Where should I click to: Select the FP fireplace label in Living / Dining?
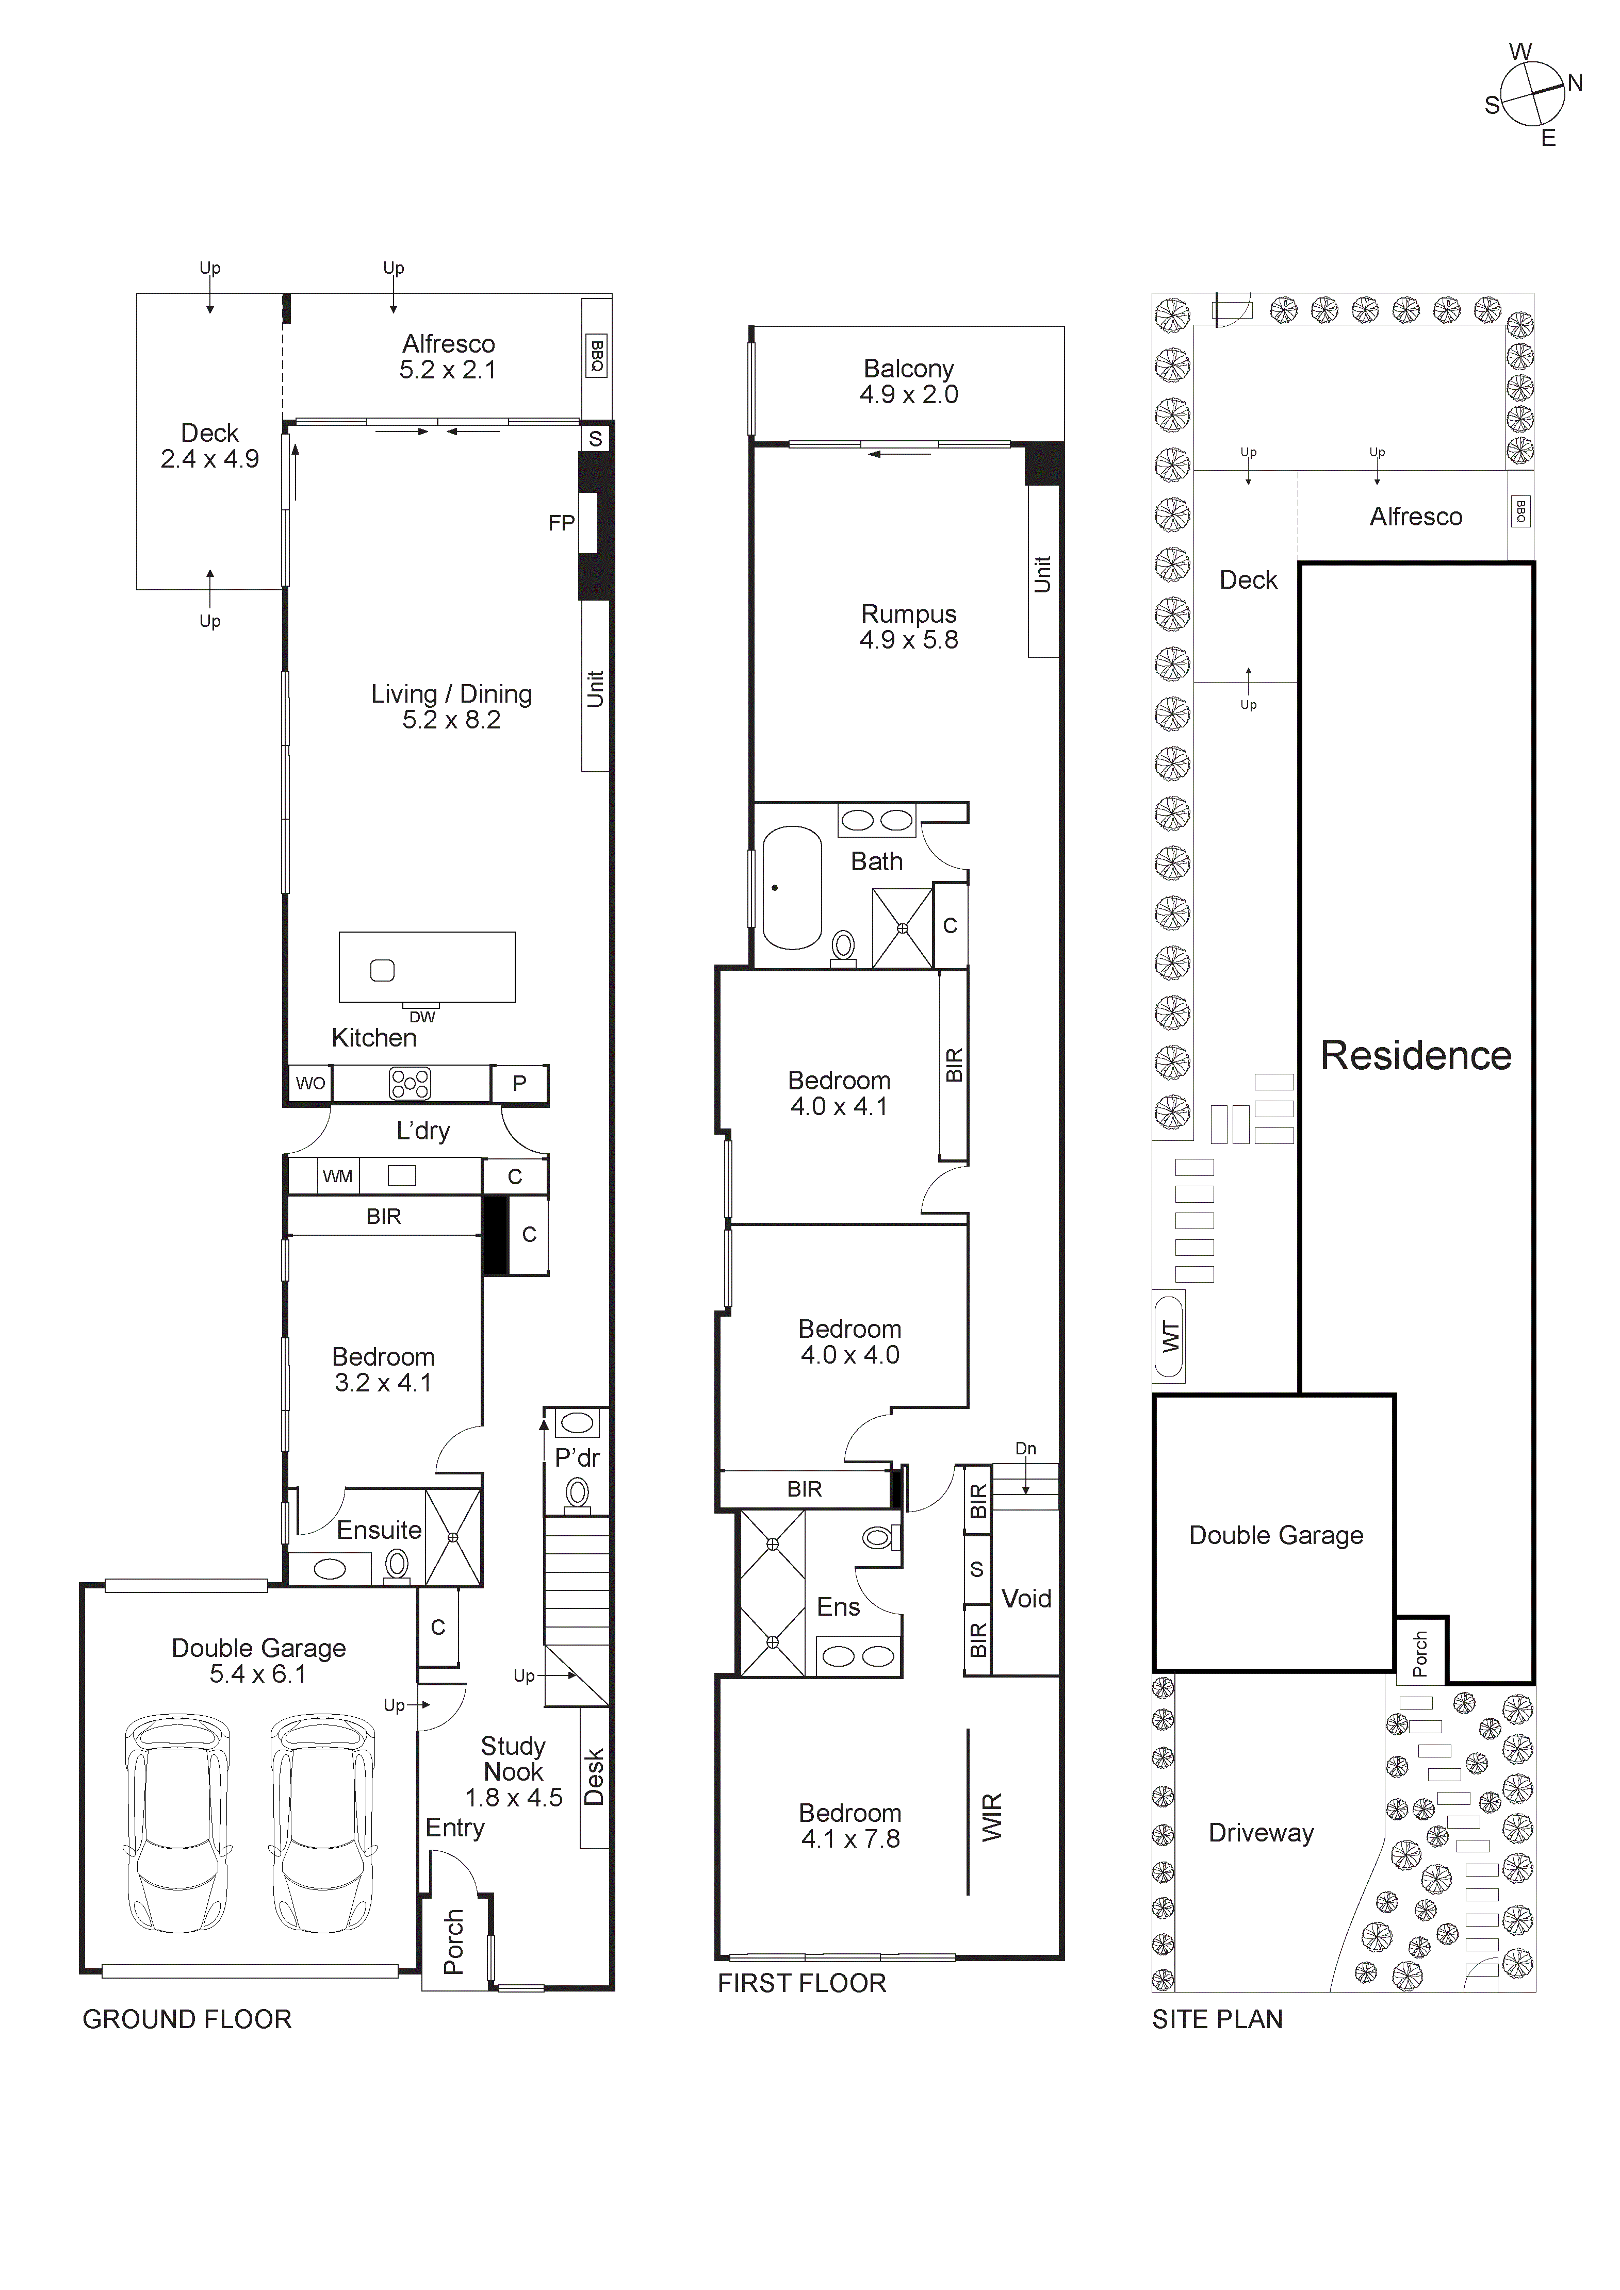[561, 523]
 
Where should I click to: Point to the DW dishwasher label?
[422, 1016]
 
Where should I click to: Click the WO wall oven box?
[310, 1083]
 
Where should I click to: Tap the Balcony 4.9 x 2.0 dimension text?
[909, 395]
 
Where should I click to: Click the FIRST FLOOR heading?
[802, 1983]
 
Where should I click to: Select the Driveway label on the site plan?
[1261, 1833]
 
